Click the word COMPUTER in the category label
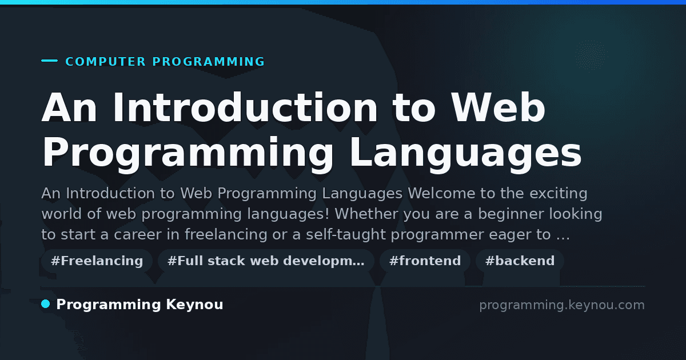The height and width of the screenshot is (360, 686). (x=105, y=62)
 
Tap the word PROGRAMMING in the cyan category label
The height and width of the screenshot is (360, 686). (x=209, y=62)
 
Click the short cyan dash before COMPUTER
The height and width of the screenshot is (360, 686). (x=49, y=61)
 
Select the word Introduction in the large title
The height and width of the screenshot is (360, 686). (x=245, y=107)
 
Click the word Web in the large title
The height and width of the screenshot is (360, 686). (x=498, y=107)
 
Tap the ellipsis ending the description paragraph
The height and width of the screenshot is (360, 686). (x=563, y=238)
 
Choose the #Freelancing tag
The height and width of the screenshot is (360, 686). (x=97, y=261)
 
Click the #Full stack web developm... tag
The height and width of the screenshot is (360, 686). (x=266, y=261)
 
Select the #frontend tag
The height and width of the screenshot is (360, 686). (x=425, y=261)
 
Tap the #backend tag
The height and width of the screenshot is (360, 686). (x=520, y=261)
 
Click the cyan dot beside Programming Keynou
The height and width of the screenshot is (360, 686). (x=46, y=304)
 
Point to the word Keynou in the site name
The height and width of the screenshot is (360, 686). (x=194, y=305)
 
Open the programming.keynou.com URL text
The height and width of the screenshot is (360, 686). (x=562, y=305)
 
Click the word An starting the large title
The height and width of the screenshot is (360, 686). (x=69, y=107)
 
